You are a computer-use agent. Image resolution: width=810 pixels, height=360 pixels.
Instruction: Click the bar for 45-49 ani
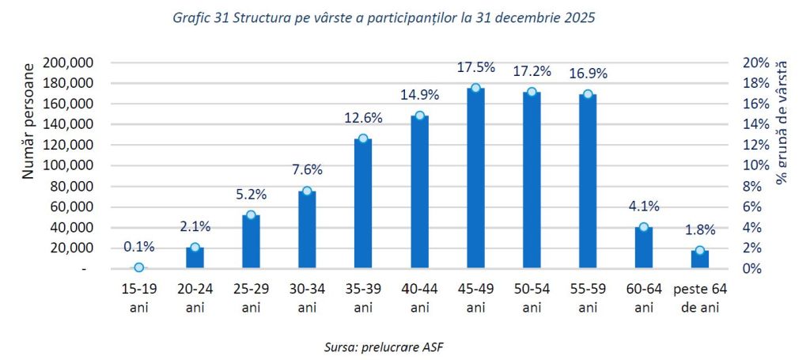click(x=475, y=182)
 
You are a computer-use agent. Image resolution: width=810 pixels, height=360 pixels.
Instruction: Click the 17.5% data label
click(x=475, y=68)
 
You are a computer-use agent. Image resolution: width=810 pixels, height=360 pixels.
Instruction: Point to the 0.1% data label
click(x=139, y=247)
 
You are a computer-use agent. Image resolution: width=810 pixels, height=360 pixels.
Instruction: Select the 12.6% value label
click(x=363, y=118)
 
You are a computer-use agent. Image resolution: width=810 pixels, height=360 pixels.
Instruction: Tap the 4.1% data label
click(x=644, y=207)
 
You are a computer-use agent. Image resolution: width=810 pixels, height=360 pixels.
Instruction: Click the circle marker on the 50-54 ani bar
click(x=532, y=92)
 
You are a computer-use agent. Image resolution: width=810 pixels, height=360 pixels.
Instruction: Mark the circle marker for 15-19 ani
click(x=139, y=267)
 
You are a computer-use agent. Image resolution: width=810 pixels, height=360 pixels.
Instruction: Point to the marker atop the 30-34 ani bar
click(x=307, y=191)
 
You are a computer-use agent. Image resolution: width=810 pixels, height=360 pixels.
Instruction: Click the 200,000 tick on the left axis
click(x=70, y=63)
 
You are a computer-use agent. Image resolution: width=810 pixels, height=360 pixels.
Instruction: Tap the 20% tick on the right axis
click(x=755, y=63)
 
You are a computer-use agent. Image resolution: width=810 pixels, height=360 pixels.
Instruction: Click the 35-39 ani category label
click(x=363, y=296)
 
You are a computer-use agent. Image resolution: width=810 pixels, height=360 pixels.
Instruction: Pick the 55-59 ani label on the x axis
click(x=588, y=296)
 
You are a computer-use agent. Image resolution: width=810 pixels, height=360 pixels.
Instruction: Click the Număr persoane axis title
click(x=28, y=122)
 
